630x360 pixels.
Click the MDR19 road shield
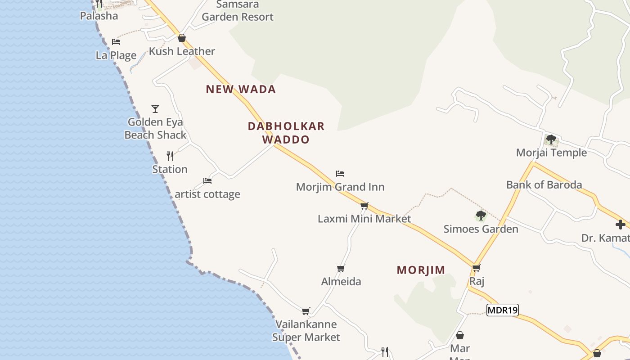(503, 310)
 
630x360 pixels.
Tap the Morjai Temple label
(551, 153)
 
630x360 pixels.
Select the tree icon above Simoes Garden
(481, 216)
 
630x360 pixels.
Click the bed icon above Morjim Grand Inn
(340, 174)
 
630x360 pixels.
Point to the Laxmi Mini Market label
(364, 219)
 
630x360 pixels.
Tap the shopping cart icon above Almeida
(341, 269)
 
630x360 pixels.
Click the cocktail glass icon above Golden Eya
(155, 109)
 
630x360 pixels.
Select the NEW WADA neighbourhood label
(241, 89)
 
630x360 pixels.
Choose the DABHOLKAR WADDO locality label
(286, 133)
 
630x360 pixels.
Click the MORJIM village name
(421, 270)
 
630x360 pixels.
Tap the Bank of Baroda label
(544, 184)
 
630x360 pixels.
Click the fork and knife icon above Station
(170, 156)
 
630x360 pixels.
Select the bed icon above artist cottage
(207, 181)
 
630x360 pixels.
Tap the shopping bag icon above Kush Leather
(182, 38)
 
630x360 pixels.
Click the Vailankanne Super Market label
(306, 331)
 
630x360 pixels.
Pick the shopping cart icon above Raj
(477, 268)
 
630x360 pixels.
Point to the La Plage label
(116, 55)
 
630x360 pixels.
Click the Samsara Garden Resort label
(238, 11)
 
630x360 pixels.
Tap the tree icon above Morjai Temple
(551, 139)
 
